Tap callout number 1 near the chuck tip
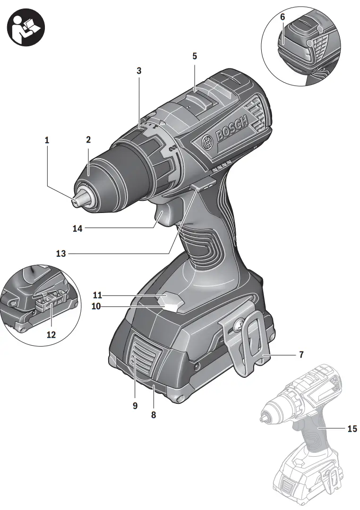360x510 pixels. [47, 140]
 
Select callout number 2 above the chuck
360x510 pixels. [88, 140]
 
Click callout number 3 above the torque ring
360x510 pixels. [139, 71]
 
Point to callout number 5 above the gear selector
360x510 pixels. [195, 56]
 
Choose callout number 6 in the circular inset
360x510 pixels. [283, 17]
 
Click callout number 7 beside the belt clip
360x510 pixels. [301, 354]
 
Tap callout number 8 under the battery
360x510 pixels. [153, 415]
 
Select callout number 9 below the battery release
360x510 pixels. [135, 405]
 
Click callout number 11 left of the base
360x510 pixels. [98, 296]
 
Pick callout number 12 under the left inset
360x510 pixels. [51, 335]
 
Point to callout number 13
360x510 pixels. [61, 254]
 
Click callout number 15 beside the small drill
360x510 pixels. [352, 429]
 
